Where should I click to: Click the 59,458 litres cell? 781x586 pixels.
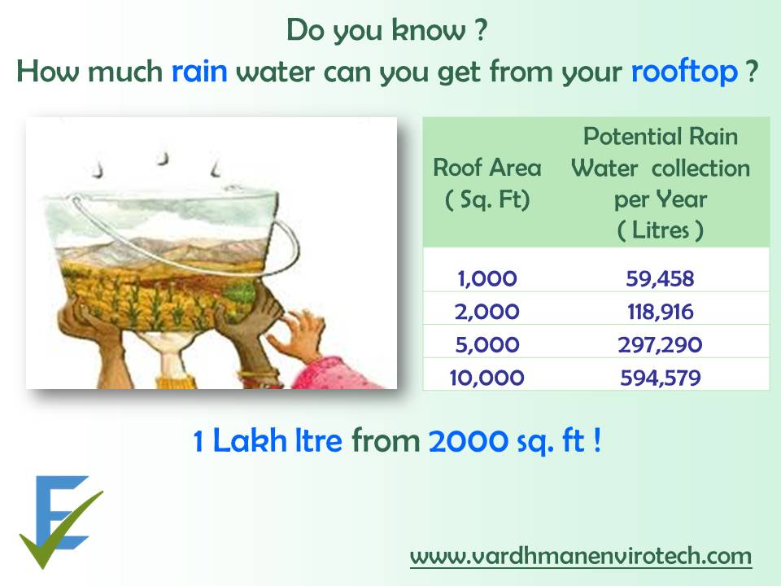660,278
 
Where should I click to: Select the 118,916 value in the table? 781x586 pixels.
660,312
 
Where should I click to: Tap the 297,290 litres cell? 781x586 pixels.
660,345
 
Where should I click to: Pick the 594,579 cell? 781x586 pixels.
660,378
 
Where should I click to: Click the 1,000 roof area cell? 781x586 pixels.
487,278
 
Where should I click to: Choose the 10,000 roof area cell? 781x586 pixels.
486,378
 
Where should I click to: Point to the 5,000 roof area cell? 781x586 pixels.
487,345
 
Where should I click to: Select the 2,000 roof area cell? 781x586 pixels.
487,312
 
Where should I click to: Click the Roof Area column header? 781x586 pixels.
487,183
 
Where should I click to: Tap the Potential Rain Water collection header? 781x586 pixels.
661,183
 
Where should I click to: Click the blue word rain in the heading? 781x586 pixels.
199,71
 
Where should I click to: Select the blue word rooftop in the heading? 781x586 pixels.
684,72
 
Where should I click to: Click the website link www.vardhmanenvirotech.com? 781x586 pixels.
581,556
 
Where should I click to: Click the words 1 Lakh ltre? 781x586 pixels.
268,440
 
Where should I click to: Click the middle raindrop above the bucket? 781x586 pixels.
163,158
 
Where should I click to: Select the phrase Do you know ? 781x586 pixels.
387,31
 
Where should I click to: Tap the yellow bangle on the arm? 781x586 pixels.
175,383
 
